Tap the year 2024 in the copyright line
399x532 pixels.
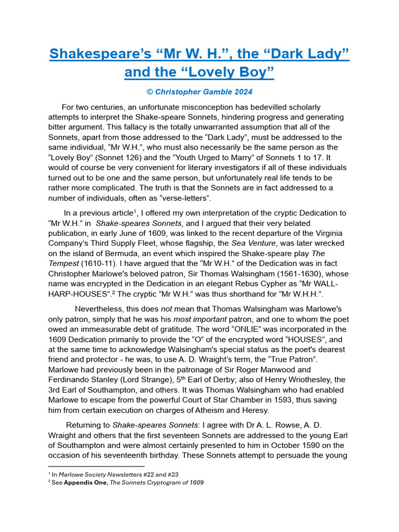click(242, 92)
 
